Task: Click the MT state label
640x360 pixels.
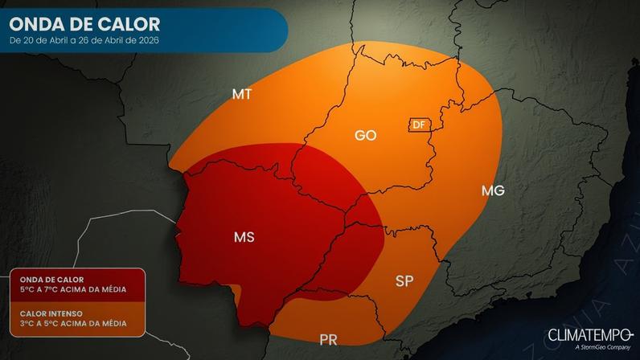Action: pyautogui.click(x=242, y=94)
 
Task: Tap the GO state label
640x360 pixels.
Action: pyautogui.click(x=366, y=135)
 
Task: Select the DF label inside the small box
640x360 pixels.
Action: pyautogui.click(x=418, y=125)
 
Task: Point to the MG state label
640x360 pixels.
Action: pyautogui.click(x=493, y=190)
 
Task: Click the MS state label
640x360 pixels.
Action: pyautogui.click(x=244, y=237)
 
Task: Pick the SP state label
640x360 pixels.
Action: pyautogui.click(x=405, y=281)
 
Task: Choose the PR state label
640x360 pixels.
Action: pyautogui.click(x=327, y=339)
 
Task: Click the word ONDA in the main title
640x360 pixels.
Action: pyautogui.click(x=38, y=24)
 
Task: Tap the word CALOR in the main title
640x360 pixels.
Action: pyautogui.click(x=129, y=24)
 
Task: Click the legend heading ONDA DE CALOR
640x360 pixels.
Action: pyautogui.click(x=46, y=279)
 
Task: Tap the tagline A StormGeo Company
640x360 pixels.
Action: pyautogui.click(x=601, y=348)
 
